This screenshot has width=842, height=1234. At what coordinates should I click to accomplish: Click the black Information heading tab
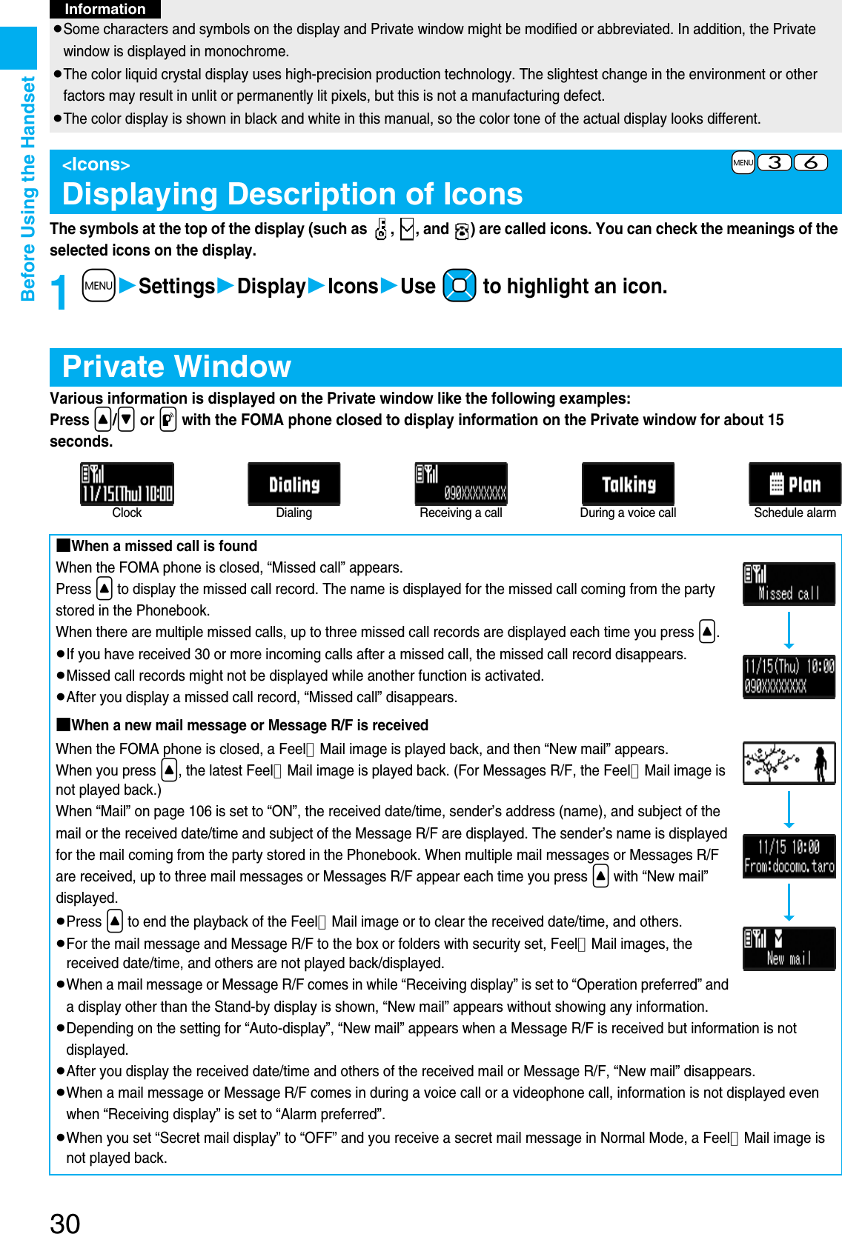point(105,9)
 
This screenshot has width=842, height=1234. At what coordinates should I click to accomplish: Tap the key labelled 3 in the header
point(775,162)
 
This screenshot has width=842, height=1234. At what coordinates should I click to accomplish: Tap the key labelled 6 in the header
point(811,162)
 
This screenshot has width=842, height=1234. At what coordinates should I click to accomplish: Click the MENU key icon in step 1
point(99,286)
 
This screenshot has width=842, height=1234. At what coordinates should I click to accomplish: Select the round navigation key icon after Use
point(459,286)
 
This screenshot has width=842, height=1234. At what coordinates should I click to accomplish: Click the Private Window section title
point(176,367)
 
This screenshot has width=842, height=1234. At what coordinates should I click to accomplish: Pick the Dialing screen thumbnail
point(294,484)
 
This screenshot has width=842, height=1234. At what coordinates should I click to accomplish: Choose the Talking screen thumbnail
point(628,484)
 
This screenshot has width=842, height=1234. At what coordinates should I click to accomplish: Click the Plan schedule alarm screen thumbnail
point(795,484)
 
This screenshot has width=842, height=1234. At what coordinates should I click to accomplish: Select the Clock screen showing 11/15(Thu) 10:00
point(127,484)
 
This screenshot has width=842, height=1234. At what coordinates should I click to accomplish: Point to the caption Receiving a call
point(460,513)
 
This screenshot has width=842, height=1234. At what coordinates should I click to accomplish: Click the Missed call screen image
point(789,584)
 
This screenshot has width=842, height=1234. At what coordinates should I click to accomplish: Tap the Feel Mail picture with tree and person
point(789,763)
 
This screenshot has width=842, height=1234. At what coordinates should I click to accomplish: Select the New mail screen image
point(789,948)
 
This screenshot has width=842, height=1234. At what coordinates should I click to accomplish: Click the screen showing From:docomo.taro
point(789,856)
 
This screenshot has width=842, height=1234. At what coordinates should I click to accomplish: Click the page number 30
point(65,1223)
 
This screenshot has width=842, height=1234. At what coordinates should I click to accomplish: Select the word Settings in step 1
point(176,286)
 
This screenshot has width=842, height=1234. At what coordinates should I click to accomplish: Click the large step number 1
point(60,292)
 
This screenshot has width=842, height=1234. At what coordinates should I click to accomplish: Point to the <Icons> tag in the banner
point(96,164)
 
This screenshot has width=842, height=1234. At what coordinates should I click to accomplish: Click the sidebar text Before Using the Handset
point(28,189)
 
